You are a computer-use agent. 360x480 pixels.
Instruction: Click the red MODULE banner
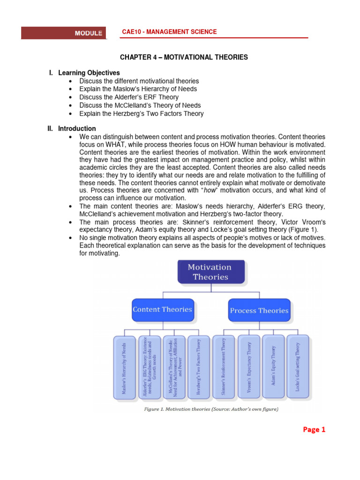64,33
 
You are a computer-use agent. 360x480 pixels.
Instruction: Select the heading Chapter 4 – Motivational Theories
184,57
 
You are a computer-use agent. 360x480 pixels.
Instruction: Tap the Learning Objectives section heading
89,73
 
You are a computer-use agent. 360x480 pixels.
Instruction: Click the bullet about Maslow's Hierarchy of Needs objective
138,89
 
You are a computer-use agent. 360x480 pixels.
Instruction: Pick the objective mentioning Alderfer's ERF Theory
129,97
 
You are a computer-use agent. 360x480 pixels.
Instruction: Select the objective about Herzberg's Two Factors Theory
141,113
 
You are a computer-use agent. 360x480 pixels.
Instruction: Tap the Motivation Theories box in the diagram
210,272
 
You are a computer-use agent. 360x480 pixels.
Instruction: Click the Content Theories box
162,310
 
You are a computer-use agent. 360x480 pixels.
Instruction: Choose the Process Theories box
259,310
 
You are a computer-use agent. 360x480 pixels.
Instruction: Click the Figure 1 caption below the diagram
210,409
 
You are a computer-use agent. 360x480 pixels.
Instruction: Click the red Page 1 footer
310,429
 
